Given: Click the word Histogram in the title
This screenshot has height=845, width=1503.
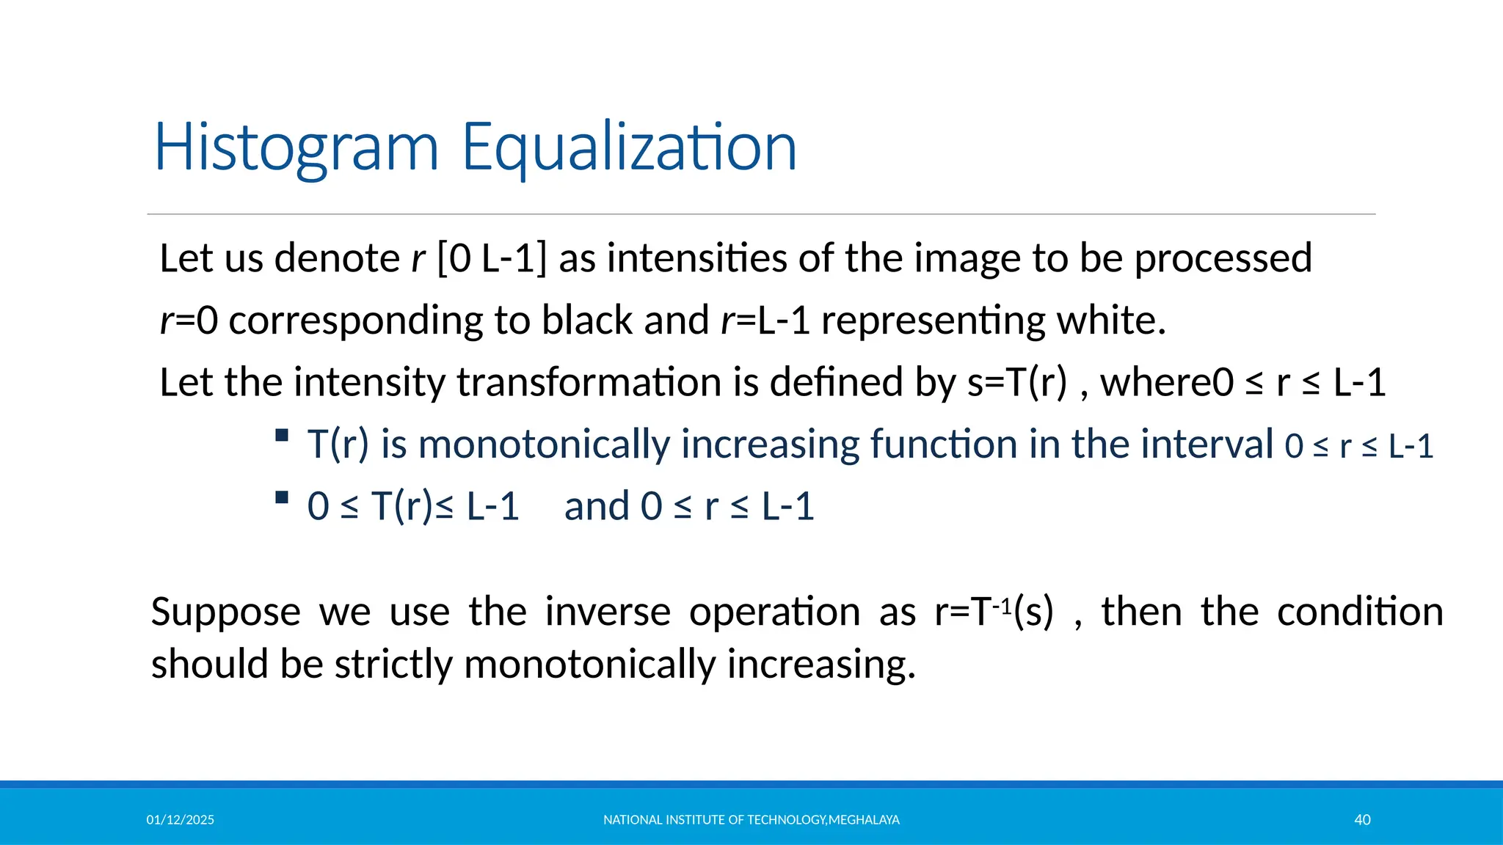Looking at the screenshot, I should pyautogui.click(x=296, y=149).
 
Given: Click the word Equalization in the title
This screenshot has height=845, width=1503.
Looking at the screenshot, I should pyautogui.click(x=629, y=149).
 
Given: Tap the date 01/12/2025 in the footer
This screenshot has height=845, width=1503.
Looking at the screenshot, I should pyautogui.click(x=180, y=820).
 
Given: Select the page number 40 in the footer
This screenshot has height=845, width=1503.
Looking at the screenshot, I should pyautogui.click(x=1362, y=820).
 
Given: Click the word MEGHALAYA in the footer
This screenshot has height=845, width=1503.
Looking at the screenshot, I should pyautogui.click(x=864, y=820).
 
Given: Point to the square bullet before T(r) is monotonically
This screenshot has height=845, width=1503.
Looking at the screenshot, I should pyautogui.click(x=282, y=436).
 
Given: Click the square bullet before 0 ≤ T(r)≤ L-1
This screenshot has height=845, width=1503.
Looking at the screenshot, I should pyautogui.click(x=282, y=498).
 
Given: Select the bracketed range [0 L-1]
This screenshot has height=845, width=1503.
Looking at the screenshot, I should pyautogui.click(x=492, y=259).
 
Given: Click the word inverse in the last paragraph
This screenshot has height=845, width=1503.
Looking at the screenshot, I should pyautogui.click(x=607, y=612).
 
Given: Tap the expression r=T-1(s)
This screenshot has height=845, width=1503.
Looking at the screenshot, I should pyautogui.click(x=994, y=612).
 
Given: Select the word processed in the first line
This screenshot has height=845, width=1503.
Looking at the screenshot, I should pyautogui.click(x=1223, y=259).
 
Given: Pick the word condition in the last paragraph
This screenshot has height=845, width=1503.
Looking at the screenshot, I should pyautogui.click(x=1359, y=612).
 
